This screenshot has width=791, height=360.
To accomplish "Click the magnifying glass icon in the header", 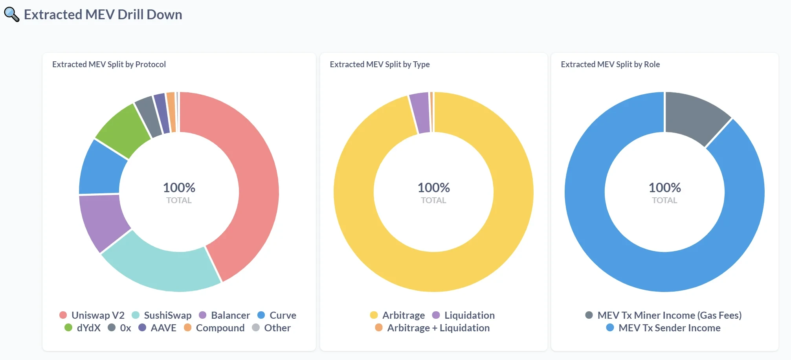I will point(11,15).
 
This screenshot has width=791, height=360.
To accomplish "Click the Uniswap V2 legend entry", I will point(92,315).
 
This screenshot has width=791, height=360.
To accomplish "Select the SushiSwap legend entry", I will point(162,315).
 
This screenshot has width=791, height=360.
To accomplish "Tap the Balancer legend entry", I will point(224,315).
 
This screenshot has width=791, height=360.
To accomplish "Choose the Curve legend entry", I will point(277,315).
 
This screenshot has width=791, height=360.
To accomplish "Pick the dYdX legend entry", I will point(83,328).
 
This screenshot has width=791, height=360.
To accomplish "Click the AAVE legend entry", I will point(157,328).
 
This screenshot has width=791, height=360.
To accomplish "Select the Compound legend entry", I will point(214,328).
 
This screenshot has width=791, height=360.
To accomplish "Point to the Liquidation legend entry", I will point(463,315).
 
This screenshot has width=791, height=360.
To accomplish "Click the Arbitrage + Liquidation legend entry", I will point(432,328).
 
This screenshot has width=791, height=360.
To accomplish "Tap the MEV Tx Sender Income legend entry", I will point(663,328).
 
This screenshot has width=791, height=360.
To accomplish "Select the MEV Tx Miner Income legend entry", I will point(663,315).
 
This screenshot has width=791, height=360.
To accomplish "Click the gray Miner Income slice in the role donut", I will point(696,116).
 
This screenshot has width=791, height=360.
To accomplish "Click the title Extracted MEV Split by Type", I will point(380,64).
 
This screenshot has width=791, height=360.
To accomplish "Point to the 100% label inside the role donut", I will point(664,188).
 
